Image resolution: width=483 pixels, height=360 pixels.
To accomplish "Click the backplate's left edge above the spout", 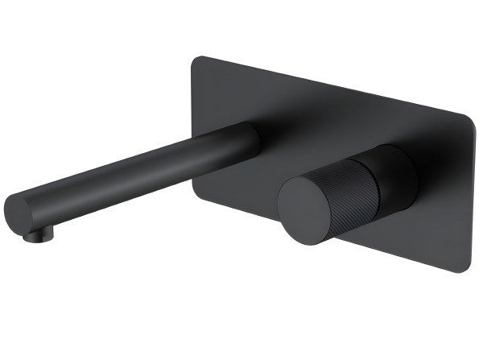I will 192,97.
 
